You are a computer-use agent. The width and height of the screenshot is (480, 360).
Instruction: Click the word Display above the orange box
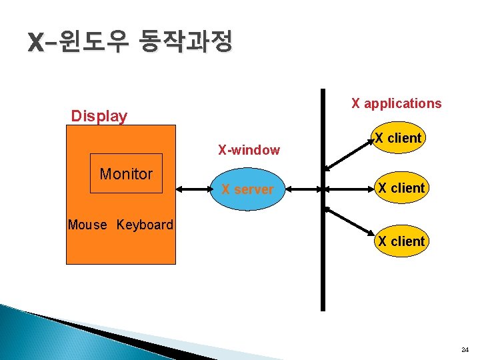coord(99,116)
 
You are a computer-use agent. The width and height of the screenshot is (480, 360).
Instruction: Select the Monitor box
coord(126,174)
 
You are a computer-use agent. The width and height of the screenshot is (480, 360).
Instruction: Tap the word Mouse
coord(87,225)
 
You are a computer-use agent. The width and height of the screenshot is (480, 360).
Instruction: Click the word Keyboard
coord(145,225)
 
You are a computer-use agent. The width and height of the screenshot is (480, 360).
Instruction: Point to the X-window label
coord(249,150)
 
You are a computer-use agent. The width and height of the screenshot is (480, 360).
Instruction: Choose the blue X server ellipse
coord(247,189)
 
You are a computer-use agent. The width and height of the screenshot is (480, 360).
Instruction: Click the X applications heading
coord(396,103)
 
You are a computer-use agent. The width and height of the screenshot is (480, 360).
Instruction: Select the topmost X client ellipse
coord(399,139)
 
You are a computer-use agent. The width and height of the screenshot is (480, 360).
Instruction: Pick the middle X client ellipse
coord(400,188)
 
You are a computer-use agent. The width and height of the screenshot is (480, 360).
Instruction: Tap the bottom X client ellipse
coord(401,241)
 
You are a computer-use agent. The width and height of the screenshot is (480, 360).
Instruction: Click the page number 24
coord(464,349)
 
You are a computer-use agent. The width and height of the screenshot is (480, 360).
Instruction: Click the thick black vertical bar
coord(323,253)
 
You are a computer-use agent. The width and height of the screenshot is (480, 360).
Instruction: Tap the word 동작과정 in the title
coord(185,43)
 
